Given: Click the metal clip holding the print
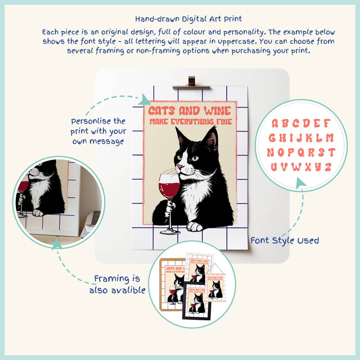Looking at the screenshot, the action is click(191, 83).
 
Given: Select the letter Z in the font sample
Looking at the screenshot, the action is click(328, 167).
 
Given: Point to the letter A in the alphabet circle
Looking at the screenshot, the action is click(275, 123).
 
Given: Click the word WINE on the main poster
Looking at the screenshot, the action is click(218, 111).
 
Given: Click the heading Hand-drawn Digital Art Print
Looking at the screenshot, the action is click(188, 19).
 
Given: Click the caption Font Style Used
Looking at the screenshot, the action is click(285, 240).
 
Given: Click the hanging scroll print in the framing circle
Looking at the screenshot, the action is click(216, 283).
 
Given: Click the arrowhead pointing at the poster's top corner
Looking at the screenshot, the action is click(145, 99).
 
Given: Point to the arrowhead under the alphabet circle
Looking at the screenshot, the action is click(301, 183).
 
